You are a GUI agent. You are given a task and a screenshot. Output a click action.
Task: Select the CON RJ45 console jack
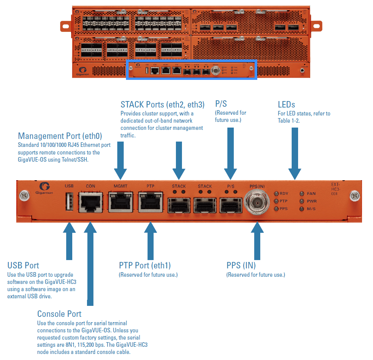(91, 202)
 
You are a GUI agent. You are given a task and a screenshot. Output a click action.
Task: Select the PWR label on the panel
(312, 201)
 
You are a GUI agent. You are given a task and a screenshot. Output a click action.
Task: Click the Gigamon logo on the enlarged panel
(46, 189)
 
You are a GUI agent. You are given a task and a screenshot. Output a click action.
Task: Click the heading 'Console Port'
(59, 314)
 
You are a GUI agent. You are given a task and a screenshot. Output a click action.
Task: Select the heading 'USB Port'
(23, 265)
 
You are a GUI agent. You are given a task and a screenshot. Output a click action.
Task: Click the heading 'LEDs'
(286, 104)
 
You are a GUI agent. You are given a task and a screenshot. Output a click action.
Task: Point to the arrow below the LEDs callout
(294, 151)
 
